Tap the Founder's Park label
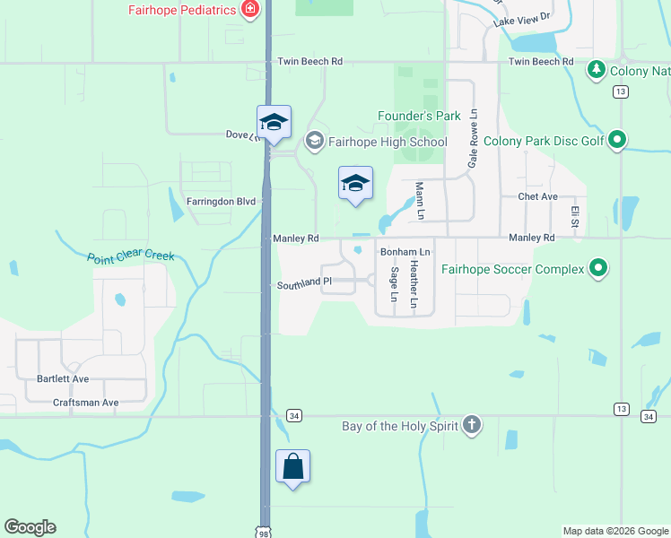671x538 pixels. [x=419, y=116]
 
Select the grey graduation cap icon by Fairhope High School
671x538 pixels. [x=314, y=141]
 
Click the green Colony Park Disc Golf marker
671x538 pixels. [x=616, y=140]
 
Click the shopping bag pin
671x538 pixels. [x=292, y=466]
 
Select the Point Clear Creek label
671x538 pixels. [x=131, y=256]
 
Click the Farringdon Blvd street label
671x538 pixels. [x=221, y=202]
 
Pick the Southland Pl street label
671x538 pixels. [x=304, y=282]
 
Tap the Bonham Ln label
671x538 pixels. [x=405, y=253]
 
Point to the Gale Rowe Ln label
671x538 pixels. [x=473, y=140]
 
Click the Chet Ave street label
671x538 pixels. [x=538, y=196]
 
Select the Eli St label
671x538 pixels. [x=575, y=216]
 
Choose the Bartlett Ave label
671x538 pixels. [x=63, y=379]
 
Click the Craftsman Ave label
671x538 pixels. [x=85, y=403]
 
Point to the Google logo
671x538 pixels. [x=30, y=527]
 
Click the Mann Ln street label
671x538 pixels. [x=419, y=202]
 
